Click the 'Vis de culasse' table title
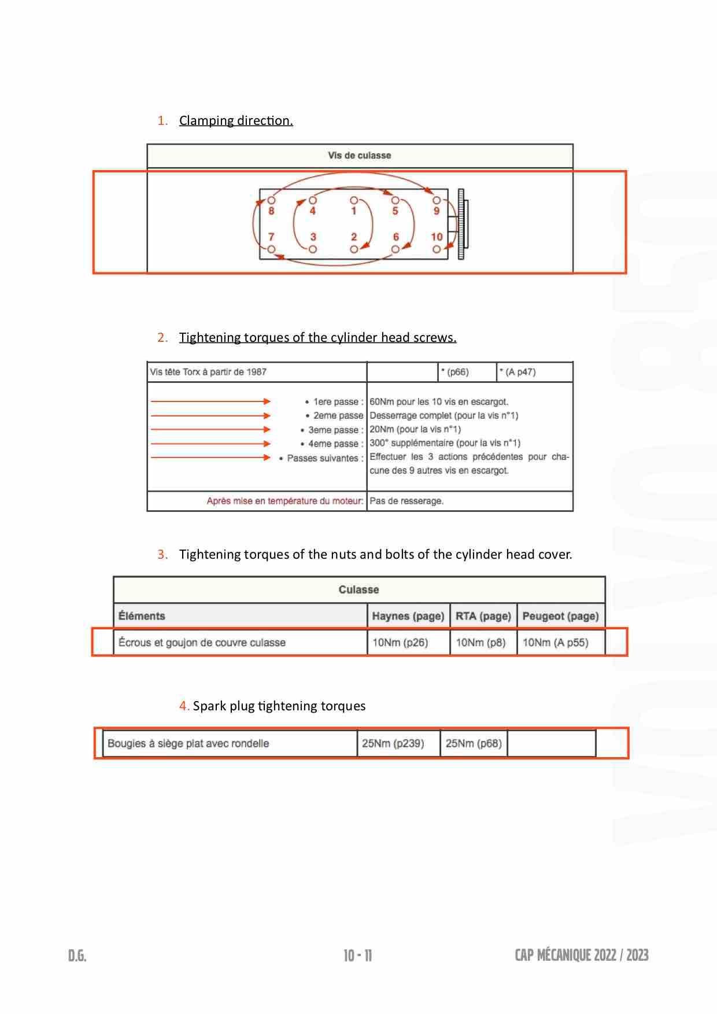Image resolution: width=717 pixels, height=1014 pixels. [x=359, y=156]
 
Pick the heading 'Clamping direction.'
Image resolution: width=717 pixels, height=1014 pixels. [x=236, y=121]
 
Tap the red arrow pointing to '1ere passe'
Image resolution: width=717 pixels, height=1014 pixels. [x=210, y=401]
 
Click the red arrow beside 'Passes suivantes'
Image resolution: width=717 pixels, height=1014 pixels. [x=210, y=458]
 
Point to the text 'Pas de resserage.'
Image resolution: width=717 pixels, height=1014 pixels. [x=406, y=501]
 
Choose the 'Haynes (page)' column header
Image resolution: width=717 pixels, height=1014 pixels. [x=408, y=616]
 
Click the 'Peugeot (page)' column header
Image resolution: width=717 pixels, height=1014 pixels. [x=560, y=616]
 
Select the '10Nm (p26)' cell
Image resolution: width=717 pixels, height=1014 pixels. [x=400, y=643]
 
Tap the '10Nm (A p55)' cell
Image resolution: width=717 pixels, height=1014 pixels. [x=555, y=643]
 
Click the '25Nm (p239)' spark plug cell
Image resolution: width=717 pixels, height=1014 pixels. [x=393, y=743]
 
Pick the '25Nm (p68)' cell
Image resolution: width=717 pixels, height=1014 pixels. [x=474, y=743]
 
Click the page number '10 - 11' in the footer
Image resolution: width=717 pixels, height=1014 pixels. [x=358, y=956]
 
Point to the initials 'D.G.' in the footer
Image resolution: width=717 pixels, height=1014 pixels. [x=77, y=956]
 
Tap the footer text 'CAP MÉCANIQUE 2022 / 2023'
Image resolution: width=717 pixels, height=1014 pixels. [x=582, y=955]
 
